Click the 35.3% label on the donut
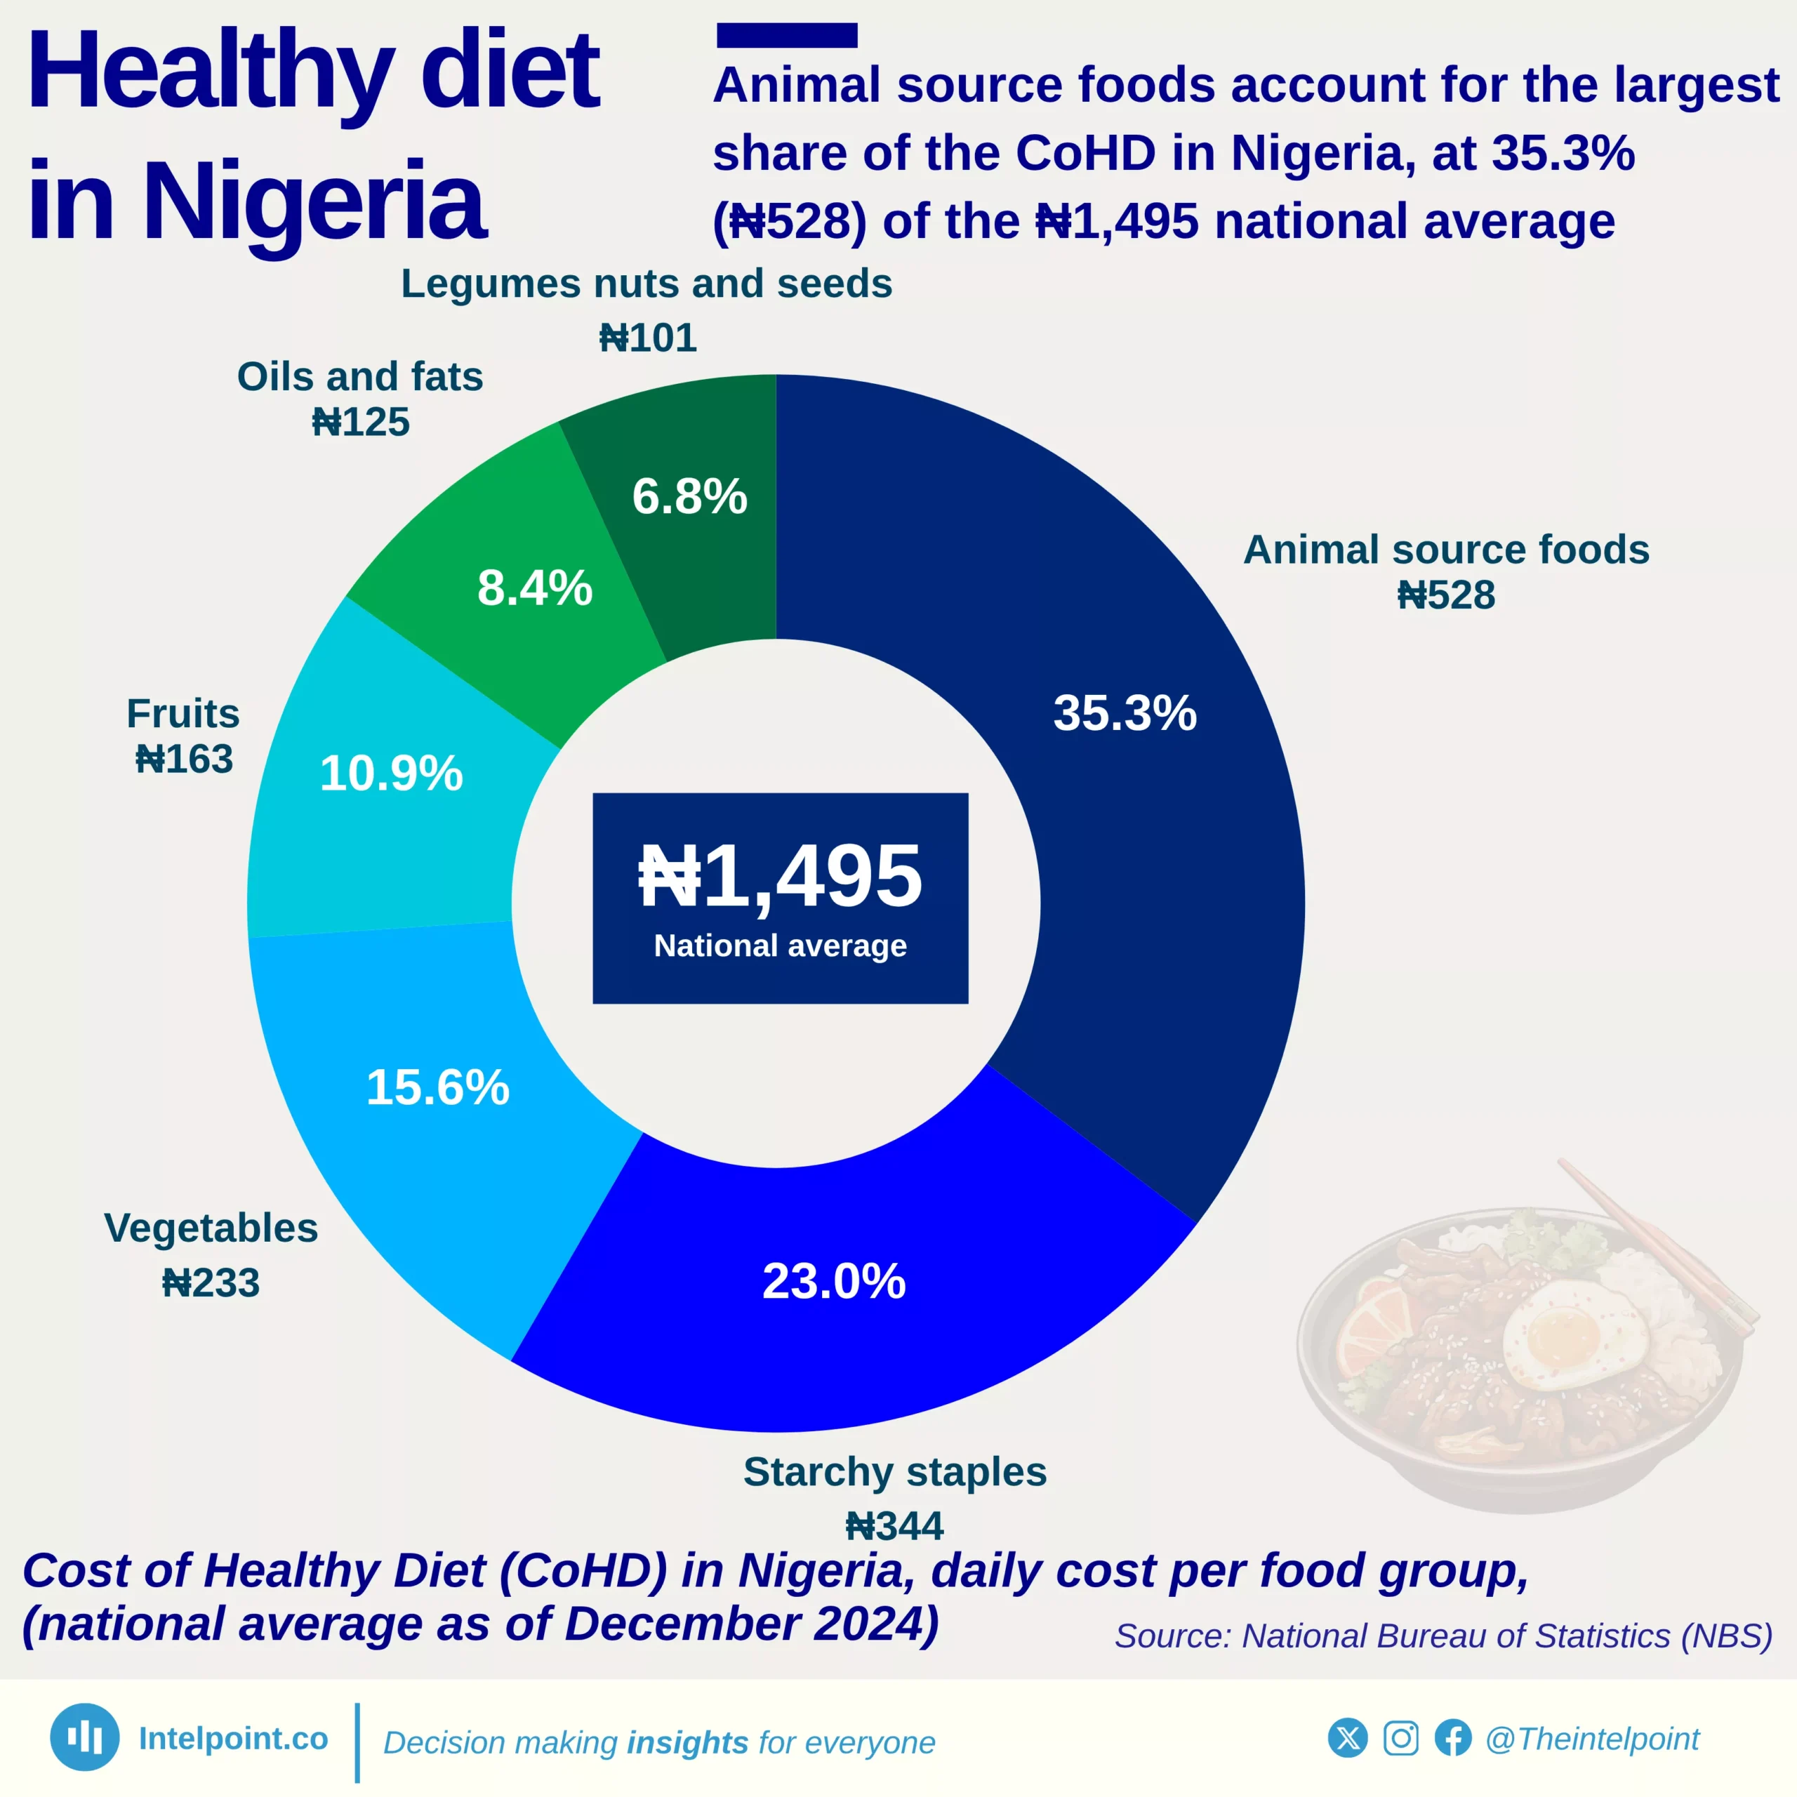pos(1125,713)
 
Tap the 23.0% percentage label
pos(833,1281)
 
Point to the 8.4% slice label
pos(535,588)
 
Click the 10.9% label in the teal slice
pos(391,773)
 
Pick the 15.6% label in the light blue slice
pos(437,1087)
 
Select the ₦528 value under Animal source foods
pos(1445,595)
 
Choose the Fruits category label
pos(183,713)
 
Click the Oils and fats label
pos(360,377)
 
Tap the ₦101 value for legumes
pos(647,338)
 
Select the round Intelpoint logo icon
pos(85,1737)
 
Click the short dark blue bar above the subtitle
pos(787,35)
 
